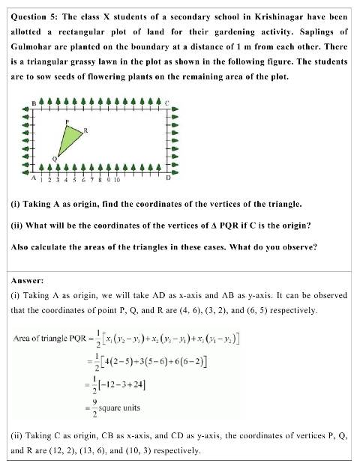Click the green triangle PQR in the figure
(70, 139)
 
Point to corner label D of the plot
(167, 178)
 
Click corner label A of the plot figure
(34, 178)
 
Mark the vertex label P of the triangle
(67, 121)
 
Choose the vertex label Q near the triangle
(54, 159)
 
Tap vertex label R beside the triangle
(86, 130)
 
